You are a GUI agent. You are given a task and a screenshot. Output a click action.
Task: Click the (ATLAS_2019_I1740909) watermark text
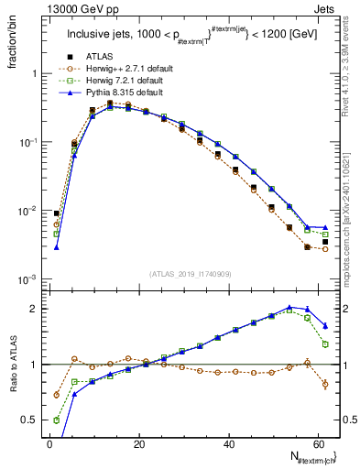pyautogui.click(x=191, y=273)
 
